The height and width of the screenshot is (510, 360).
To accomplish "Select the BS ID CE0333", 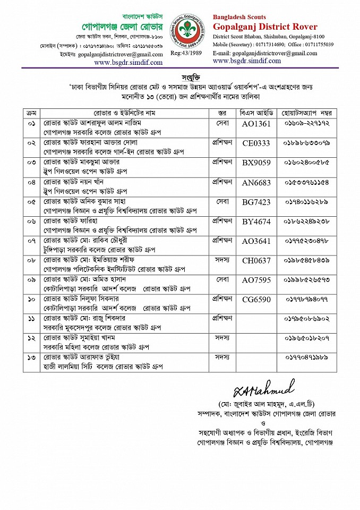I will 256,143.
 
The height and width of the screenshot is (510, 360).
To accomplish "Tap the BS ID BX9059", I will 256,162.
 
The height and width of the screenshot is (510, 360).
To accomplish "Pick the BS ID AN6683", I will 256,182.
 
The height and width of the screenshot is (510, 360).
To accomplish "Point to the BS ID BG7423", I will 256,202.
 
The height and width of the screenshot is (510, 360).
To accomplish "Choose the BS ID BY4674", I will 256,222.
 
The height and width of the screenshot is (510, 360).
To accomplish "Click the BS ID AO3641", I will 256,241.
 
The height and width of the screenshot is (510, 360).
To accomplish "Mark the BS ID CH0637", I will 256,260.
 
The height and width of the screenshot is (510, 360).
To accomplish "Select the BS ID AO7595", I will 256,280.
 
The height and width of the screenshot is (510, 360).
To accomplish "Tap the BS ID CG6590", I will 256,300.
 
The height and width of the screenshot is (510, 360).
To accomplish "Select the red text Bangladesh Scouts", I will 239,17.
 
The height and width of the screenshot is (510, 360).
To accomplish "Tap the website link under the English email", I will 247,61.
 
